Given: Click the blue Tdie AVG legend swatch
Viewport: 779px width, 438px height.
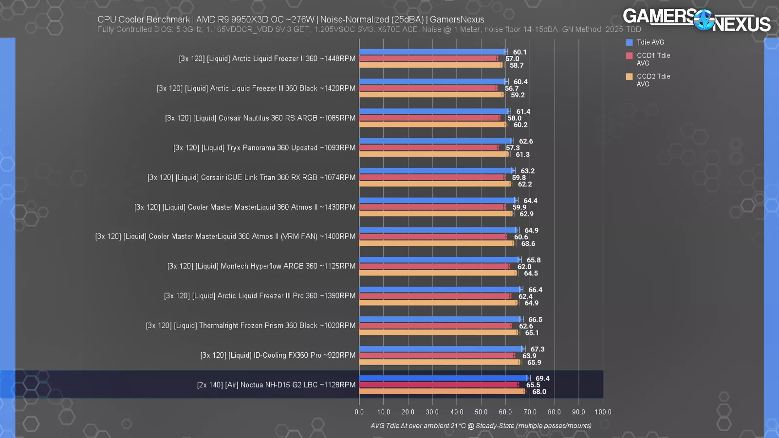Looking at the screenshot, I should point(629,42).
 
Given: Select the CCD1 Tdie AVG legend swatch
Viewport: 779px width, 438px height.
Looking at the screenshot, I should point(629,55).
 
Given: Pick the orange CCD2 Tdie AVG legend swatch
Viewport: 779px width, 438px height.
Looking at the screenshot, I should point(629,76).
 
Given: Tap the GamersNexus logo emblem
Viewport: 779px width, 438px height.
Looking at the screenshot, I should point(704,20).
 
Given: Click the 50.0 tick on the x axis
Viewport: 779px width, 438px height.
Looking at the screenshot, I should point(481,412).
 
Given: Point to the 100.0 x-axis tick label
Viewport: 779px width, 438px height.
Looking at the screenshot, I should point(603,412).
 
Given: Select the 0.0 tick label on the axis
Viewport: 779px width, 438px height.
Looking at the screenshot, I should point(359,412).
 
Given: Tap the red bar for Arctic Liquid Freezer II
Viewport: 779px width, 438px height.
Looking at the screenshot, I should point(428,58).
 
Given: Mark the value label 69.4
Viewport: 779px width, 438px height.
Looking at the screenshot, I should point(542,378).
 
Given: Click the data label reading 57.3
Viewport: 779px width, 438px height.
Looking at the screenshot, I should point(513,148).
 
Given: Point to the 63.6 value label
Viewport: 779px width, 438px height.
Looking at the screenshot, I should point(528,243).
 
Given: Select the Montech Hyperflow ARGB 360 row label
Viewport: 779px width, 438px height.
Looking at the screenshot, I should point(261,266).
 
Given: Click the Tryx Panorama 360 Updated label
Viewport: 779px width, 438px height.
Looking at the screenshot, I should point(264,148).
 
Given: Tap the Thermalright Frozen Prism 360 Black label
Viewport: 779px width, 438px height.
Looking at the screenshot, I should point(251,326).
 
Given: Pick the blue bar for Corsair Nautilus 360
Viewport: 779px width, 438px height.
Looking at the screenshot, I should point(434,111).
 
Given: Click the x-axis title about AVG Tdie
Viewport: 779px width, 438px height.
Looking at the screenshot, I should point(481,426).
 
